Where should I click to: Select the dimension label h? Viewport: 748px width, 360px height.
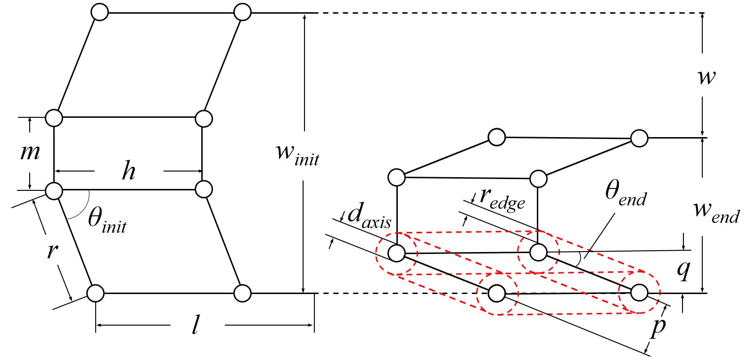click(x=128, y=170)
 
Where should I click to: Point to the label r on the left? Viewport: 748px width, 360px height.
click(x=51, y=251)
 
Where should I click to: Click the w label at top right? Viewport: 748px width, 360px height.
click(x=706, y=76)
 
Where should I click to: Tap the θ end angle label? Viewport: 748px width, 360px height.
click(x=625, y=193)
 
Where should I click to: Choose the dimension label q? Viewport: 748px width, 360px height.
click(x=683, y=269)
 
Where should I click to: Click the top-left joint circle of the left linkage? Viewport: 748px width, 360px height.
click(x=99, y=12)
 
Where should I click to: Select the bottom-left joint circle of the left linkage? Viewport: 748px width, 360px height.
click(x=95, y=293)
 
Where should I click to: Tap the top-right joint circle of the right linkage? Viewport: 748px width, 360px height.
click(x=639, y=139)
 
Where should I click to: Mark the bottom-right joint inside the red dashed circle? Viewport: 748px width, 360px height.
click(x=639, y=292)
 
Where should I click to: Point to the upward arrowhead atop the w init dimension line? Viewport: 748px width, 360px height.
click(x=304, y=17)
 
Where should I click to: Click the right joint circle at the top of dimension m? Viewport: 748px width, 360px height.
click(x=204, y=118)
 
